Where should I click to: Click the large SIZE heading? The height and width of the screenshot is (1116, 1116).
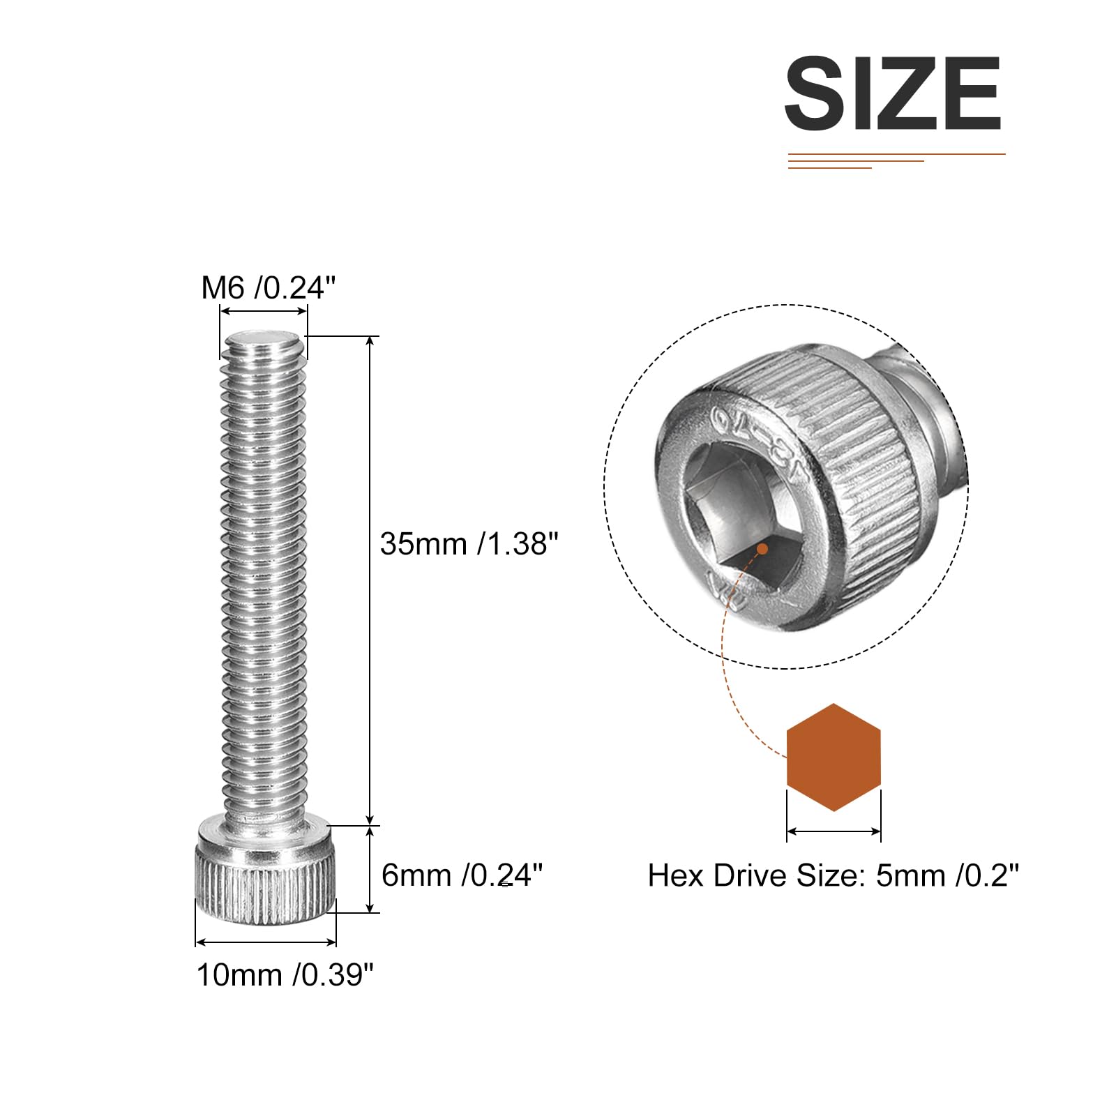(893, 93)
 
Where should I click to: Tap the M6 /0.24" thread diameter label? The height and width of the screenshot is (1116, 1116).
(269, 287)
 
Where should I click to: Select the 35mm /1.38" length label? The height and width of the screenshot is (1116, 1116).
(469, 543)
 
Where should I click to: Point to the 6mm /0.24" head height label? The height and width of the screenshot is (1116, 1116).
(462, 875)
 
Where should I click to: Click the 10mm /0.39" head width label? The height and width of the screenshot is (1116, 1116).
(285, 974)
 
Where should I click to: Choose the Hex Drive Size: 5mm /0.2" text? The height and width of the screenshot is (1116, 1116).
(834, 875)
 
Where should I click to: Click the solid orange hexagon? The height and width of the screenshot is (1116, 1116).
(834, 757)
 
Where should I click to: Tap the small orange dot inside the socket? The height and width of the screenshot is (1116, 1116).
(762, 549)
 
